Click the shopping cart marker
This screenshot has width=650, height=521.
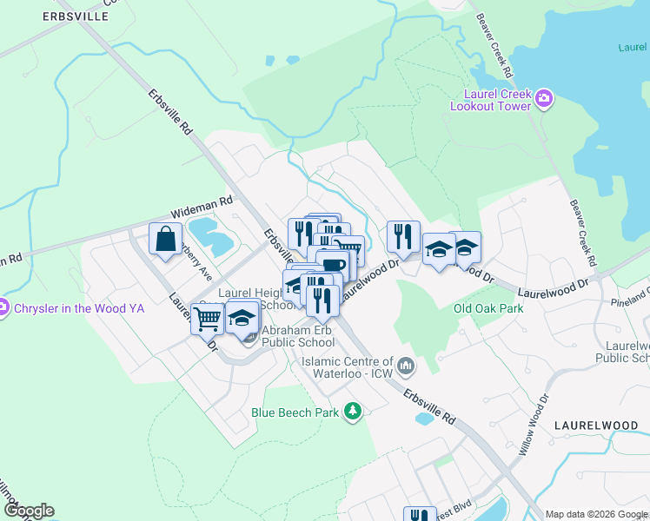tap(207, 319)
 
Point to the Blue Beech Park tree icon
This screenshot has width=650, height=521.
tap(353, 410)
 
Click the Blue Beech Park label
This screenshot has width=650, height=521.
tap(295, 412)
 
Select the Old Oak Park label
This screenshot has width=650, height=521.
tap(488, 308)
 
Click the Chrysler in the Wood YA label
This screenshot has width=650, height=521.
tap(77, 307)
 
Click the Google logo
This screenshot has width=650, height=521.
tap(28, 511)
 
